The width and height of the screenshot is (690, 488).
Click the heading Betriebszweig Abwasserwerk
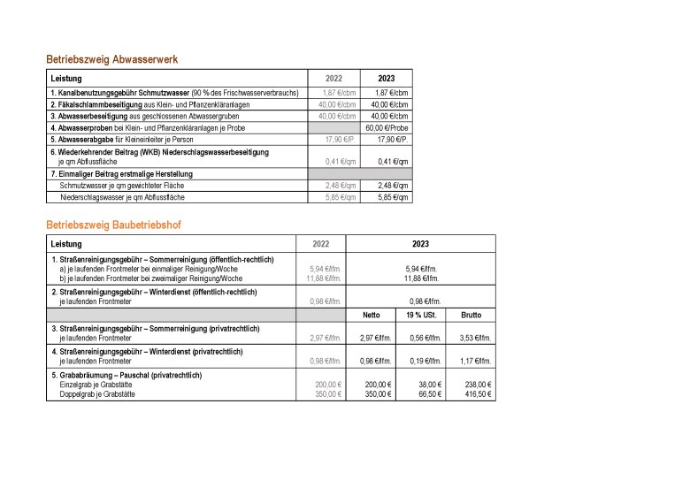(x=112, y=59)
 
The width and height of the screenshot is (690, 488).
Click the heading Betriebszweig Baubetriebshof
(x=114, y=225)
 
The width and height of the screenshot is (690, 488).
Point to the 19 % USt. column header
(x=420, y=315)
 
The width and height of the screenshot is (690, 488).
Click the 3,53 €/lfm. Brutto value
(x=475, y=337)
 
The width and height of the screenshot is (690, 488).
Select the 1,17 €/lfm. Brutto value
(x=475, y=361)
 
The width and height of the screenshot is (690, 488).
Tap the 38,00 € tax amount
(x=429, y=385)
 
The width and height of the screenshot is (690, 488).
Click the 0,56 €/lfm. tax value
(x=425, y=337)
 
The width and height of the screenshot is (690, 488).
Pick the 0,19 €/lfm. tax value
(x=425, y=361)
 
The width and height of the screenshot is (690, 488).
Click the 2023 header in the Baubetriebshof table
(x=420, y=243)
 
